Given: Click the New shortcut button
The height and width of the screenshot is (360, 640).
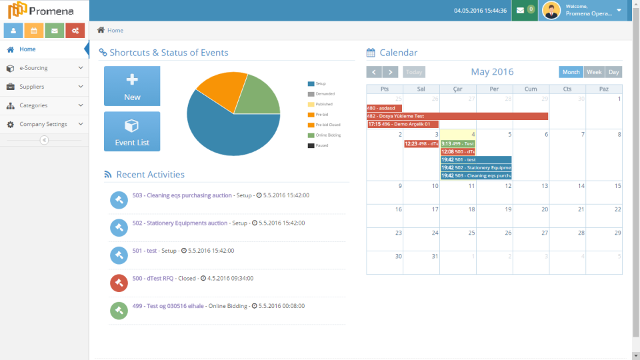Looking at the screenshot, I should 132,85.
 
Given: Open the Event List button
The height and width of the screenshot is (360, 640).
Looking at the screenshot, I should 132,131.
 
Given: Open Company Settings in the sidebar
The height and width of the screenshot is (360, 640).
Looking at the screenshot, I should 43,124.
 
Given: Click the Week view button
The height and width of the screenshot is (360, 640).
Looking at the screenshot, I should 594,72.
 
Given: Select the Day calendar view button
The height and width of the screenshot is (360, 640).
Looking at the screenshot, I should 613,72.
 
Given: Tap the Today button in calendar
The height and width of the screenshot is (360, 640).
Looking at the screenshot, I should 414,72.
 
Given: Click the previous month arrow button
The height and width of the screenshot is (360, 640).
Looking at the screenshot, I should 374,72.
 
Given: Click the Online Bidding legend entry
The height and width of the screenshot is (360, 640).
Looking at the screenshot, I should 327,135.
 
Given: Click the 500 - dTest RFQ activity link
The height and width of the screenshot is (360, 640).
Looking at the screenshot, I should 153,278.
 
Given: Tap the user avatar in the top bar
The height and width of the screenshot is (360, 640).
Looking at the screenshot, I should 551,10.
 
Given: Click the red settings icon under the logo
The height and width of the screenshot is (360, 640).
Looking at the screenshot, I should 75,31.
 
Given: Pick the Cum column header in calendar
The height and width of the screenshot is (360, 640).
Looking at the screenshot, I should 531,89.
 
